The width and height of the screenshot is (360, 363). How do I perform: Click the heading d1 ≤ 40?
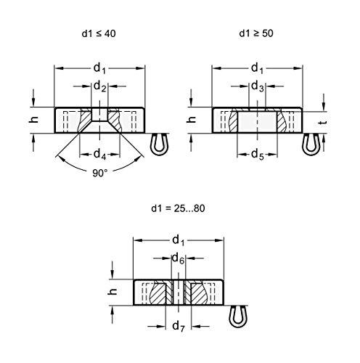tap(99, 33)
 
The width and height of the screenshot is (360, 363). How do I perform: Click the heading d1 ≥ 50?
tap(256, 33)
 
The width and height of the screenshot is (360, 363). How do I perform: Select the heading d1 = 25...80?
tap(178, 208)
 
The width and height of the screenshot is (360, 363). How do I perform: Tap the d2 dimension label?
tap(100, 86)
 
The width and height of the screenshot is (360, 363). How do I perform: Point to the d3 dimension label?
tap(258, 86)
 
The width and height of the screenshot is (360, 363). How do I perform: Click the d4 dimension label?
tap(100, 155)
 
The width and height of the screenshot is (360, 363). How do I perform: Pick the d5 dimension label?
tap(258, 155)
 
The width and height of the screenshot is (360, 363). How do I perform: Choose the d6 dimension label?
tap(178, 258)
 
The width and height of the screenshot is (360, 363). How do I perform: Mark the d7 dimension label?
tap(179, 327)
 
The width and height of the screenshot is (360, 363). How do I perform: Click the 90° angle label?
tap(100, 174)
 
